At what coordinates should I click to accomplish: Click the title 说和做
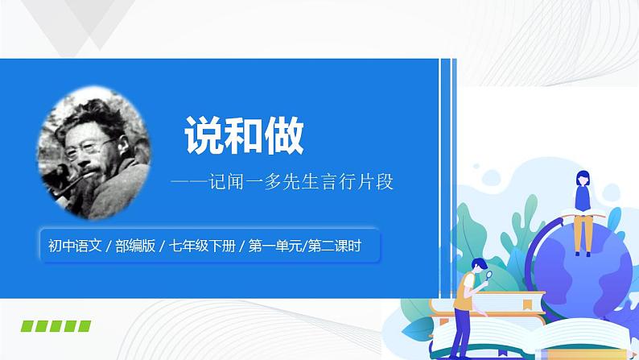click(244, 135)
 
